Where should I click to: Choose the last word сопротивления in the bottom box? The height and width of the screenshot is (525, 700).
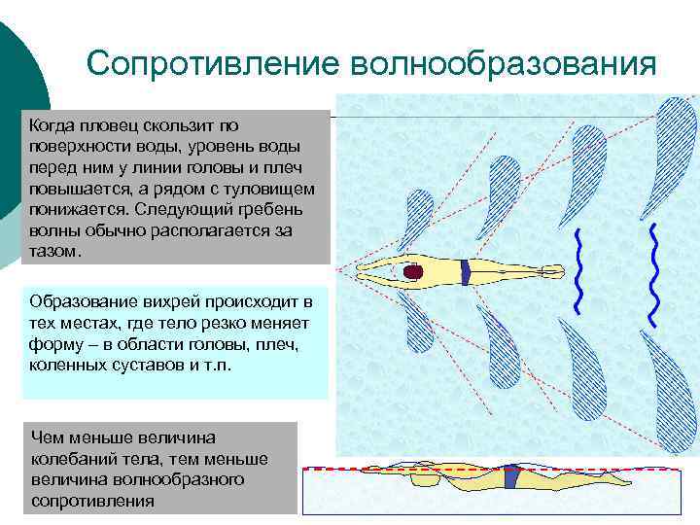coord(93,501)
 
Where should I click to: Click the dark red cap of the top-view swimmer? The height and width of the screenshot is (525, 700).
coord(413,272)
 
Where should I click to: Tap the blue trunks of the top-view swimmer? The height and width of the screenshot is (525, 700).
coord(466,271)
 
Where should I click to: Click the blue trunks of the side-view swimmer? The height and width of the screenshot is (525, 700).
coord(510,478)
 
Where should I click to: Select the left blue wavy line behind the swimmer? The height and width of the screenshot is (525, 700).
coord(578,272)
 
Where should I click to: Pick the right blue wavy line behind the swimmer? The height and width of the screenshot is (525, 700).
coord(653,272)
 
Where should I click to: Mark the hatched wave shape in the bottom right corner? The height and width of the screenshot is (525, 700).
coord(670,399)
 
